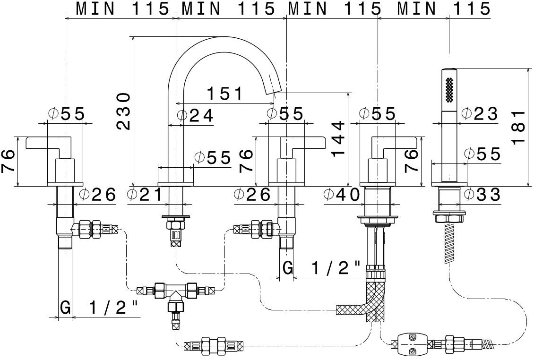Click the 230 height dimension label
click(124, 111)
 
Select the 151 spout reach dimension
click(224, 94)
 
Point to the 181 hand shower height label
click(518, 128)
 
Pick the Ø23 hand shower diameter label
click(479, 113)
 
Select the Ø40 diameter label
click(342, 194)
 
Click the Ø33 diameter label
click(482, 194)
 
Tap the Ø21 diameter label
click(145, 194)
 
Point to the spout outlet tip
click(276, 89)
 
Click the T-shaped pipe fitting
click(175, 293)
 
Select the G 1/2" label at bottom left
click(99, 308)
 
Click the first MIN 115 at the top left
click(122, 9)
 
